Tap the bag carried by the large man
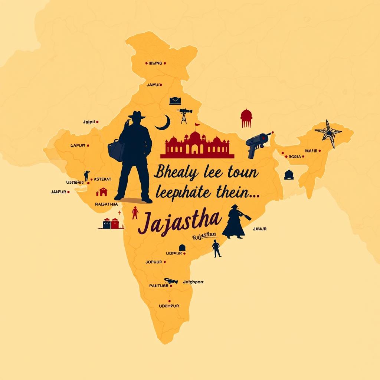tap(116, 150)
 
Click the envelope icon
tap(175, 101)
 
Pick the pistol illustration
tap(258, 143)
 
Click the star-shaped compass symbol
tap(328, 132)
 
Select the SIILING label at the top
tap(155, 63)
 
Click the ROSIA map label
tap(295, 157)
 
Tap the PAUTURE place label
tap(159, 286)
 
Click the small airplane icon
tap(171, 281)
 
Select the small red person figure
tap(135, 213)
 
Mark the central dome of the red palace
tap(195, 137)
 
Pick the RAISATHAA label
tap(107, 204)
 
